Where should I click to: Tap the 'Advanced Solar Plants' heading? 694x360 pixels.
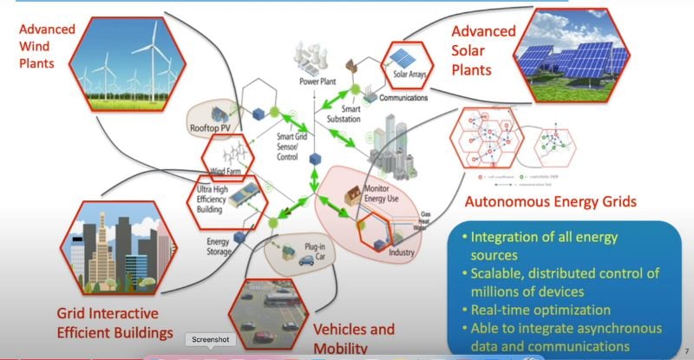click(x=483, y=49)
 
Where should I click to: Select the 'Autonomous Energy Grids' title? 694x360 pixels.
click(x=550, y=202)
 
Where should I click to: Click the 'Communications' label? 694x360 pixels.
click(x=403, y=98)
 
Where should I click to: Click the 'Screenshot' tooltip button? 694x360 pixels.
click(x=213, y=340)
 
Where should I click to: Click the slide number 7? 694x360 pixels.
click(x=686, y=343)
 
